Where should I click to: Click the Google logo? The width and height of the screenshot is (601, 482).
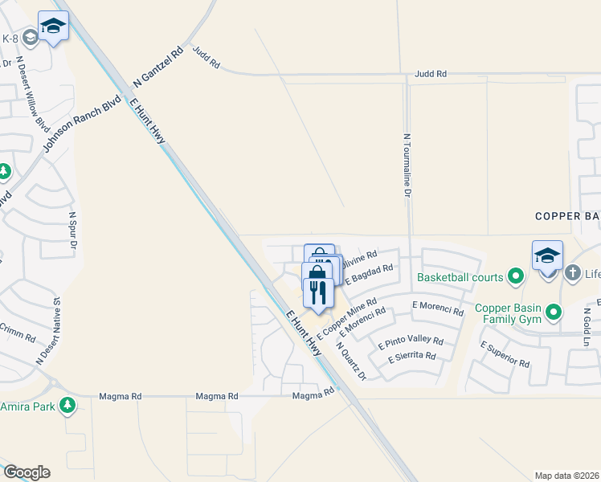[27, 472]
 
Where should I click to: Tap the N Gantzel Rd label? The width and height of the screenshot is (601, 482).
[158, 67]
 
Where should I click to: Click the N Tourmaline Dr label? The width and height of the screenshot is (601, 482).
[407, 165]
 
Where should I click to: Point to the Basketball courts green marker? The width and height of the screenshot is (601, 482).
[516, 278]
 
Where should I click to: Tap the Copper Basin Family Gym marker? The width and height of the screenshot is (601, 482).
[553, 312]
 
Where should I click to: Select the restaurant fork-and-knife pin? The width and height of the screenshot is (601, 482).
[318, 290]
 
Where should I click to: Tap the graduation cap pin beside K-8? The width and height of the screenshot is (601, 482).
[53, 28]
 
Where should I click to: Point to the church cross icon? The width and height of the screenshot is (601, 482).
[573, 274]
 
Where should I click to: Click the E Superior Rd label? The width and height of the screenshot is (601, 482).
[505, 353]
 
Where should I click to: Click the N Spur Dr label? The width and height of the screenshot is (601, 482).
[73, 229]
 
